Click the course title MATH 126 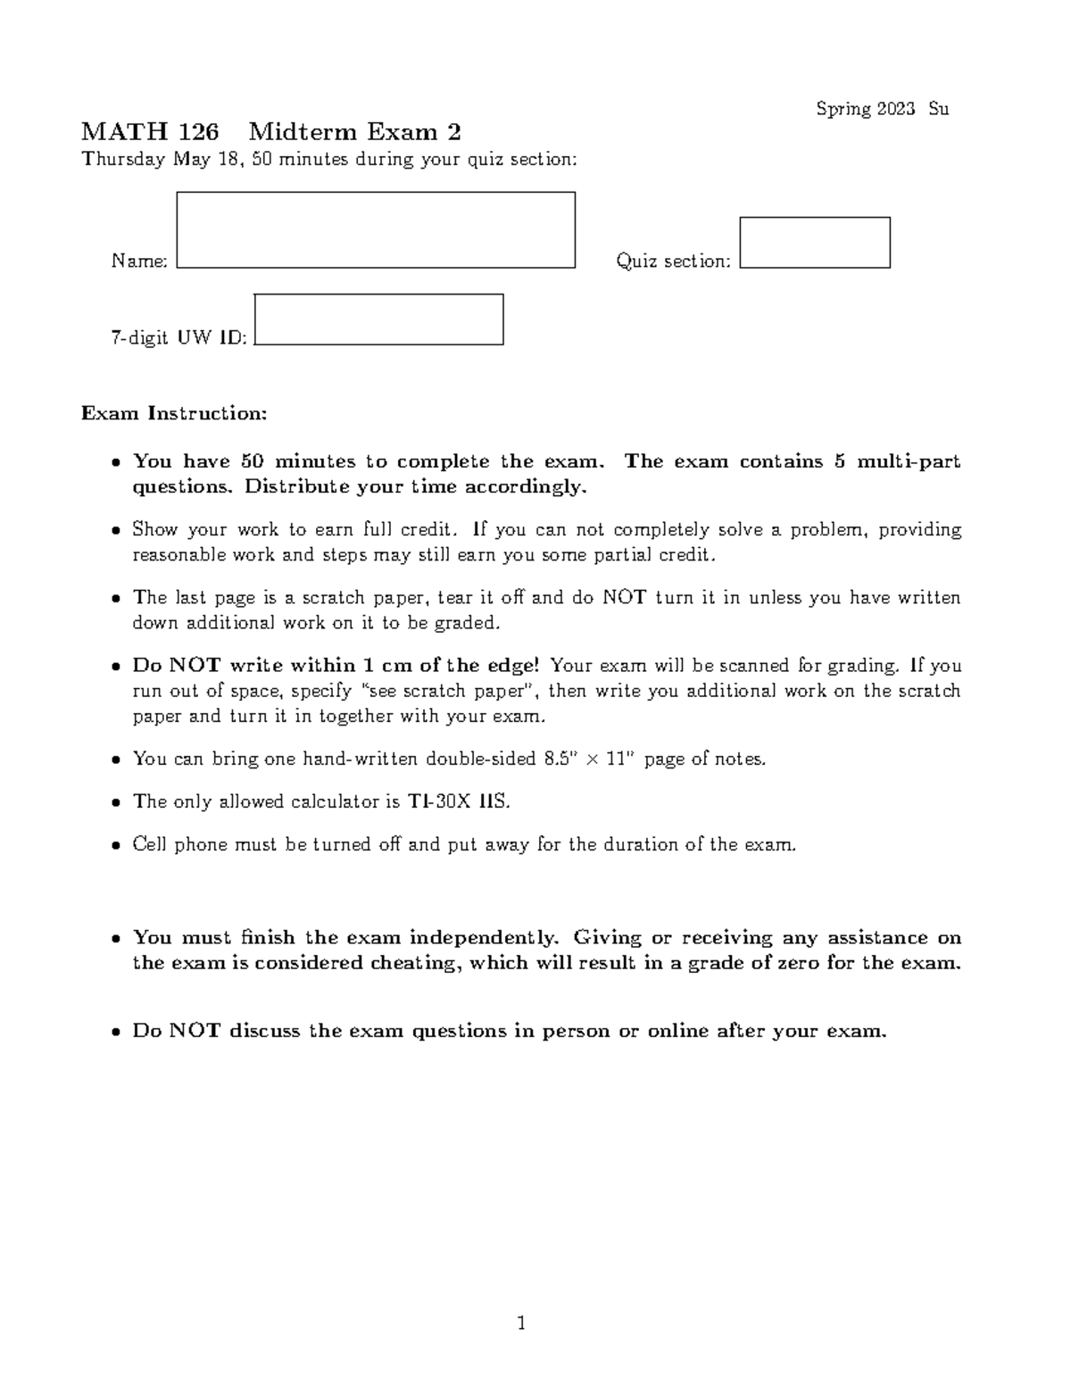pos(149,132)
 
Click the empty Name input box pos(376,229)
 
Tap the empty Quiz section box pos(815,243)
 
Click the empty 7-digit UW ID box pos(378,320)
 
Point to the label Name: pos(139,261)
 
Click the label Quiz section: pos(673,261)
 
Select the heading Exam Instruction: pos(174,413)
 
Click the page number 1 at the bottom pos(522,1323)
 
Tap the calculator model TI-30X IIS pos(459,801)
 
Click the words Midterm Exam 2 pos(354,132)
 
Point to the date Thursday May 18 pos(163,160)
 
